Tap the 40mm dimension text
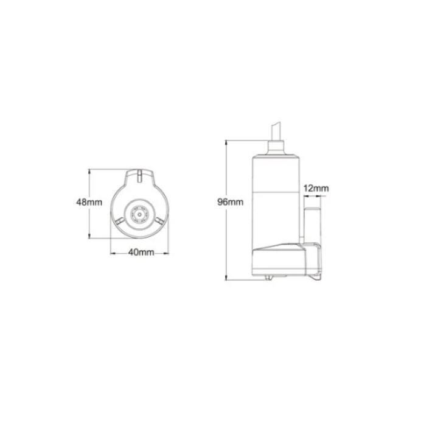click(x=140, y=253)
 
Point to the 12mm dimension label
click(x=315, y=189)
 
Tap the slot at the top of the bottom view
click(x=140, y=177)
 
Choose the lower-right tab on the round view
click(x=159, y=222)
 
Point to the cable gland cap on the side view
click(x=276, y=147)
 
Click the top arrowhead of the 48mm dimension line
click(x=89, y=170)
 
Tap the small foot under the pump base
click(x=268, y=279)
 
